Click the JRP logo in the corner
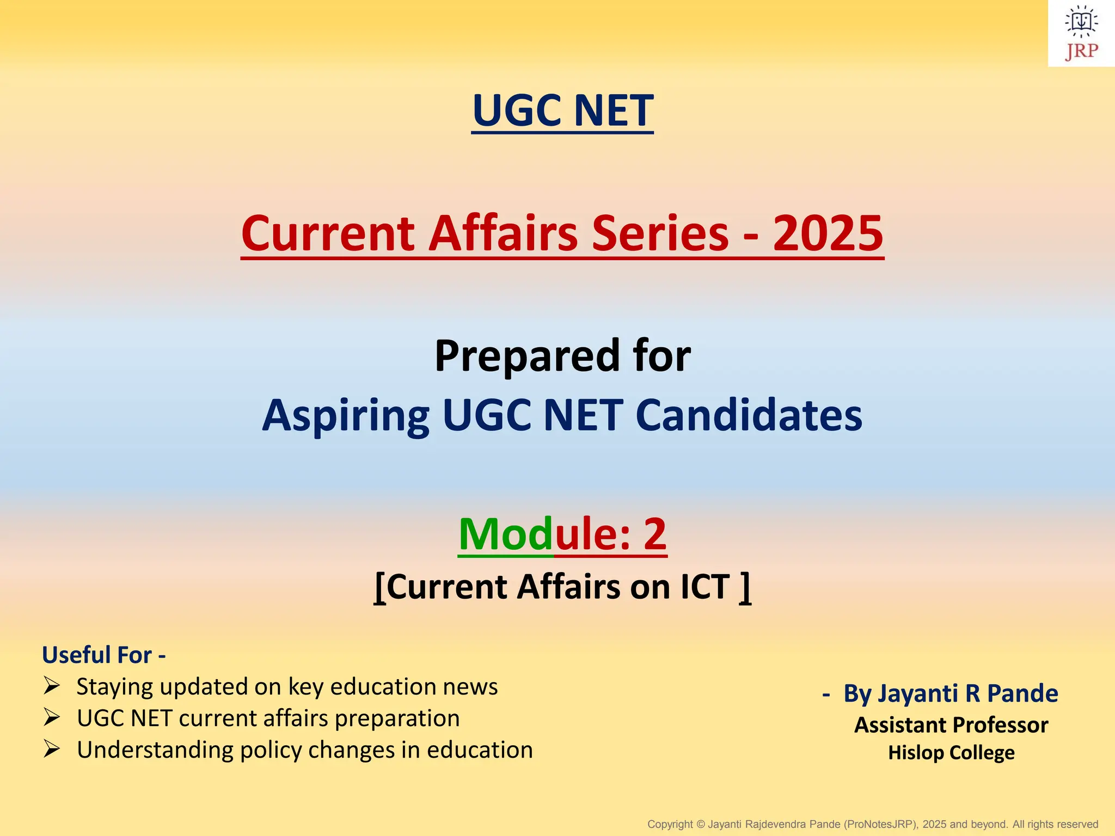[1081, 34]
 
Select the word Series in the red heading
[660, 233]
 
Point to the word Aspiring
[346, 416]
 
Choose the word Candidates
[749, 415]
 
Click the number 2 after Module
[655, 534]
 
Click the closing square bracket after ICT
[745, 588]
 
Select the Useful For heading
[103, 655]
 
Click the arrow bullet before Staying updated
[52, 686]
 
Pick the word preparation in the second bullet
[397, 718]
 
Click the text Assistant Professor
[951, 725]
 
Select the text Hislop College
[951, 753]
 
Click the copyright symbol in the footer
[700, 825]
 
